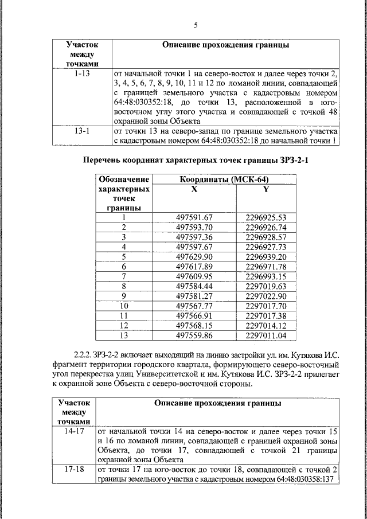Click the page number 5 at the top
196,25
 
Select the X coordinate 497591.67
194,217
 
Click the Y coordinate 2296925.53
266,217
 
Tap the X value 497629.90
194,256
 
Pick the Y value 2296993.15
266,276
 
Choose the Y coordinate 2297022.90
266,296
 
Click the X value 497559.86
194,335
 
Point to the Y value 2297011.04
266,335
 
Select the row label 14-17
75,430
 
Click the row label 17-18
75,469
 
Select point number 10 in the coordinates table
123,306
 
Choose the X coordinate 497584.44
194,286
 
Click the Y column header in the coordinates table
266,189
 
